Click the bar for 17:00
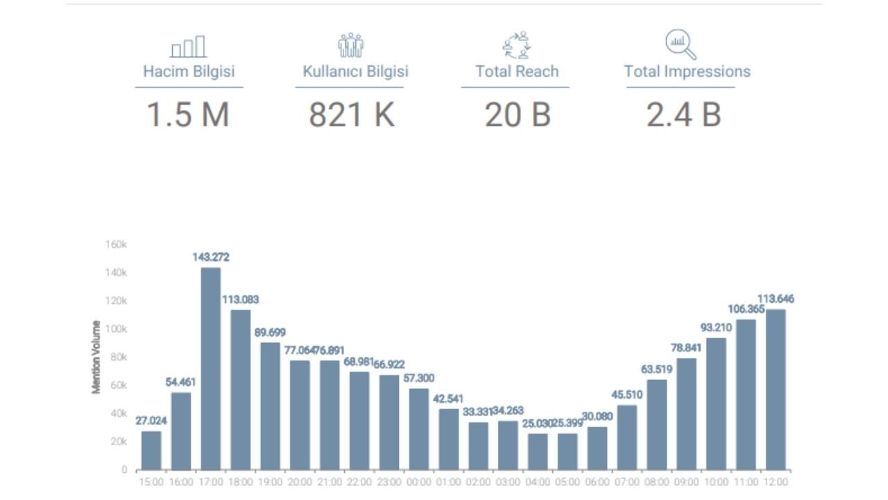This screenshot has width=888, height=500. (211, 368)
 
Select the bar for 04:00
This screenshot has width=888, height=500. (538, 451)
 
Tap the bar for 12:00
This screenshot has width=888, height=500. (776, 389)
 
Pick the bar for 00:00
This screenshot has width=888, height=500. (419, 428)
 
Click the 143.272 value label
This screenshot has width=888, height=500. (211, 258)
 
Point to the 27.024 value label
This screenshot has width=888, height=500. (151, 421)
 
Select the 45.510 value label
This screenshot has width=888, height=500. (627, 395)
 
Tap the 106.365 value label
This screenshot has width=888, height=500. (745, 309)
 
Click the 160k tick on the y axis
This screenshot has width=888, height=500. (116, 244)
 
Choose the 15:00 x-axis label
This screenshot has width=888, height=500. (151, 481)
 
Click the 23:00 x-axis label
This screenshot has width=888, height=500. (389, 481)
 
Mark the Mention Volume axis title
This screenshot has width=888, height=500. (96, 357)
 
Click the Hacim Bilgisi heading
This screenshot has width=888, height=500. (189, 72)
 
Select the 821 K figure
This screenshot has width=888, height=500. (352, 115)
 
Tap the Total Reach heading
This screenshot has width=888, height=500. (517, 72)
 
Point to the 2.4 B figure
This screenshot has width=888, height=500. (684, 115)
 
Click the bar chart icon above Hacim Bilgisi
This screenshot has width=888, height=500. (188, 47)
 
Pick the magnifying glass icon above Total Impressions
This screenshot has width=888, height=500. (681, 44)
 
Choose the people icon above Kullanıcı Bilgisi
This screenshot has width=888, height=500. (351, 45)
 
